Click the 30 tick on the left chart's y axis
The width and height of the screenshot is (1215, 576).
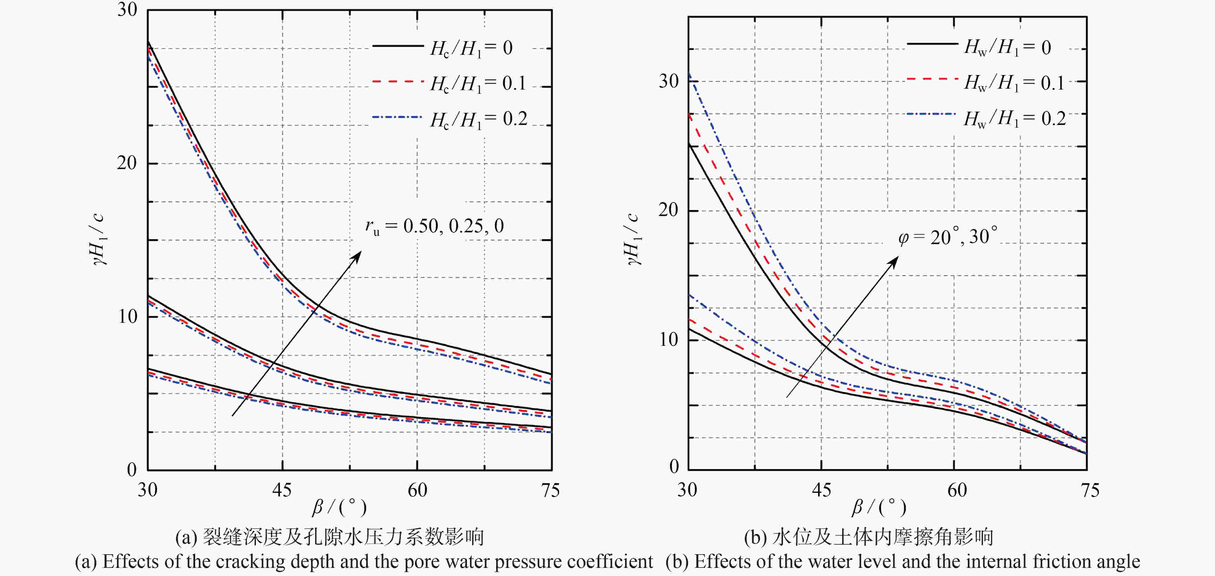click(127, 9)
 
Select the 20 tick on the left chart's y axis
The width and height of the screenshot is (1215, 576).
click(127, 163)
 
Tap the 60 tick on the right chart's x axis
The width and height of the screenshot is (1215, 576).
click(957, 490)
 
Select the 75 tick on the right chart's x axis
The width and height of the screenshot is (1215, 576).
click(1089, 490)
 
